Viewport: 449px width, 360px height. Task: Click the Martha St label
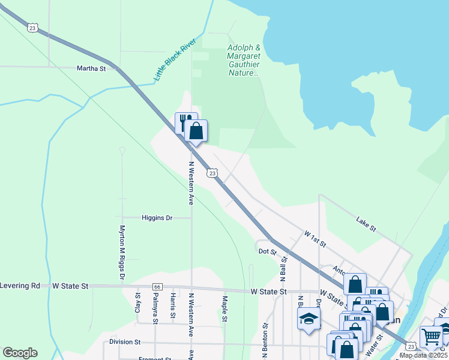(x=91, y=68)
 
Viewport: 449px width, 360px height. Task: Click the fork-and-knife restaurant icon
(x=185, y=122)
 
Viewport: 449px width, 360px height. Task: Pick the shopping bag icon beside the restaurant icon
(x=196, y=131)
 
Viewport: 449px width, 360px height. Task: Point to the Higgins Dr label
(x=157, y=218)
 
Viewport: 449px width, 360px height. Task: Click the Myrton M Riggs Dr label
(x=122, y=252)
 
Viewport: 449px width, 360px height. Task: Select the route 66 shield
(x=157, y=287)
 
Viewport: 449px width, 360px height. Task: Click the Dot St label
(x=267, y=252)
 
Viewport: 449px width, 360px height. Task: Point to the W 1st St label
(x=315, y=238)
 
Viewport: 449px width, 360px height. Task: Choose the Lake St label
(x=366, y=224)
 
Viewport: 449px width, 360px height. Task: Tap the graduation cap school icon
(x=309, y=318)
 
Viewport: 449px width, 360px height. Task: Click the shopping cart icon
(x=431, y=337)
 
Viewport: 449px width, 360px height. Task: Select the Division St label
(x=125, y=342)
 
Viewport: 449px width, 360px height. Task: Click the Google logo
(x=20, y=353)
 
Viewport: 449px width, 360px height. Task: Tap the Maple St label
(x=224, y=308)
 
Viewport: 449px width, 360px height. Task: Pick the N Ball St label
(x=285, y=266)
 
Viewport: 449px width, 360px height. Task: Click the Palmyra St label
(x=155, y=312)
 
